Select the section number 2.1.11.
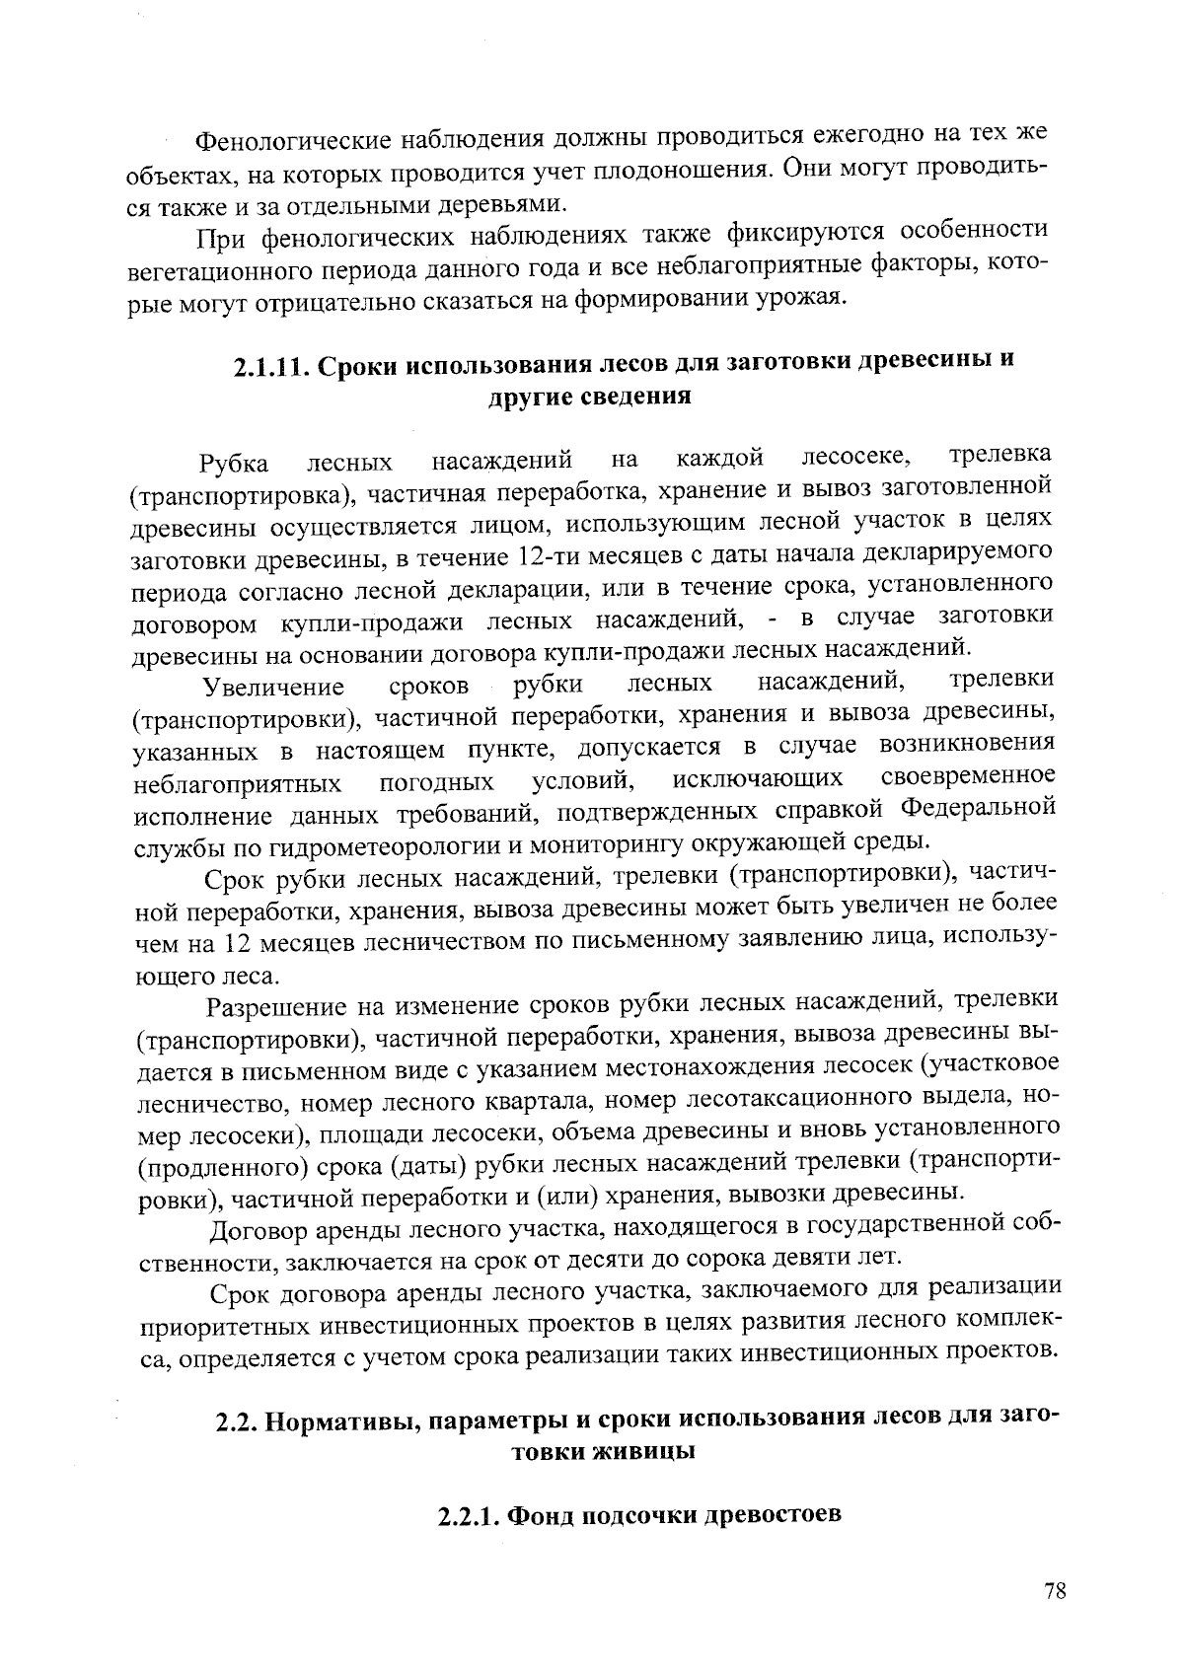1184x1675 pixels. pyautogui.click(x=269, y=364)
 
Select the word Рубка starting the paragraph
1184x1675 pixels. pyautogui.click(x=233, y=463)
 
